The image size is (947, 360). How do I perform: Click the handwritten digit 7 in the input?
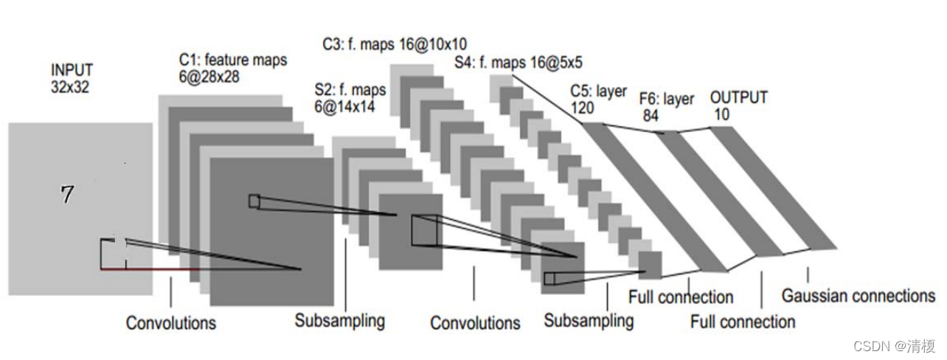[x=67, y=195]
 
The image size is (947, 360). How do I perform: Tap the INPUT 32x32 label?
[x=72, y=77]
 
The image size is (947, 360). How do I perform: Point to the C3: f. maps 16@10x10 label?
[x=395, y=44]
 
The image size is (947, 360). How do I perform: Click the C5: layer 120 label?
[x=597, y=100]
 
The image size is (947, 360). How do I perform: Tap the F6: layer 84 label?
[x=666, y=106]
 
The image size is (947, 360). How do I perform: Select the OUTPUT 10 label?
[x=738, y=105]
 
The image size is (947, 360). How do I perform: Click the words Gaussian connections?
[x=858, y=297]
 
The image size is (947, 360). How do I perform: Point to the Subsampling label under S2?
[x=340, y=321]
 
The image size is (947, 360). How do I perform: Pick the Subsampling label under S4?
[x=589, y=321]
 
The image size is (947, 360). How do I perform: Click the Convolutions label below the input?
[x=171, y=323]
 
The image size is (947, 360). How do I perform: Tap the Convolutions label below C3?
[x=475, y=323]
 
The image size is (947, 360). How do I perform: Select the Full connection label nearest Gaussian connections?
[x=743, y=322]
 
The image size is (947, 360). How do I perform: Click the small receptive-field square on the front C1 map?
[x=254, y=201]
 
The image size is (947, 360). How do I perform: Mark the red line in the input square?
[x=148, y=269]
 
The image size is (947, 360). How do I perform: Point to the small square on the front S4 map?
[x=548, y=278]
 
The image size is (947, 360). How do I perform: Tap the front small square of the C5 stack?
[x=650, y=265]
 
